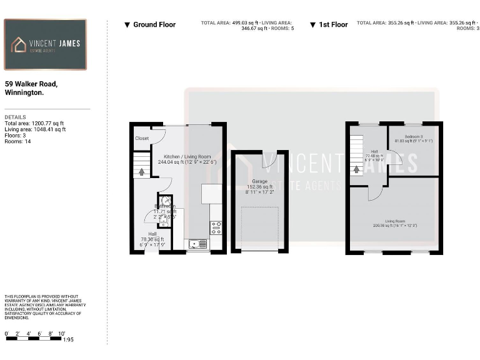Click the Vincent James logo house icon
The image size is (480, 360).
(x=19, y=44)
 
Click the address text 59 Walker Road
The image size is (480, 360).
(x=31, y=83)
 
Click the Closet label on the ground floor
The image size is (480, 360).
(x=142, y=138)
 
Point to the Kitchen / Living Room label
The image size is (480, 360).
(x=187, y=156)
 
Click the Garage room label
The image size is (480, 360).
(x=259, y=181)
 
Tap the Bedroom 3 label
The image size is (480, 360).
(x=413, y=136)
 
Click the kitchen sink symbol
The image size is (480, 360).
(x=199, y=244)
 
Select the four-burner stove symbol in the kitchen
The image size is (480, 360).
(x=216, y=228)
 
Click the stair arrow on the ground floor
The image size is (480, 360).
(x=141, y=170)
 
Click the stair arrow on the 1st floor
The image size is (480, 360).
(x=356, y=169)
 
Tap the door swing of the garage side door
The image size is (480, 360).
(x=269, y=161)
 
